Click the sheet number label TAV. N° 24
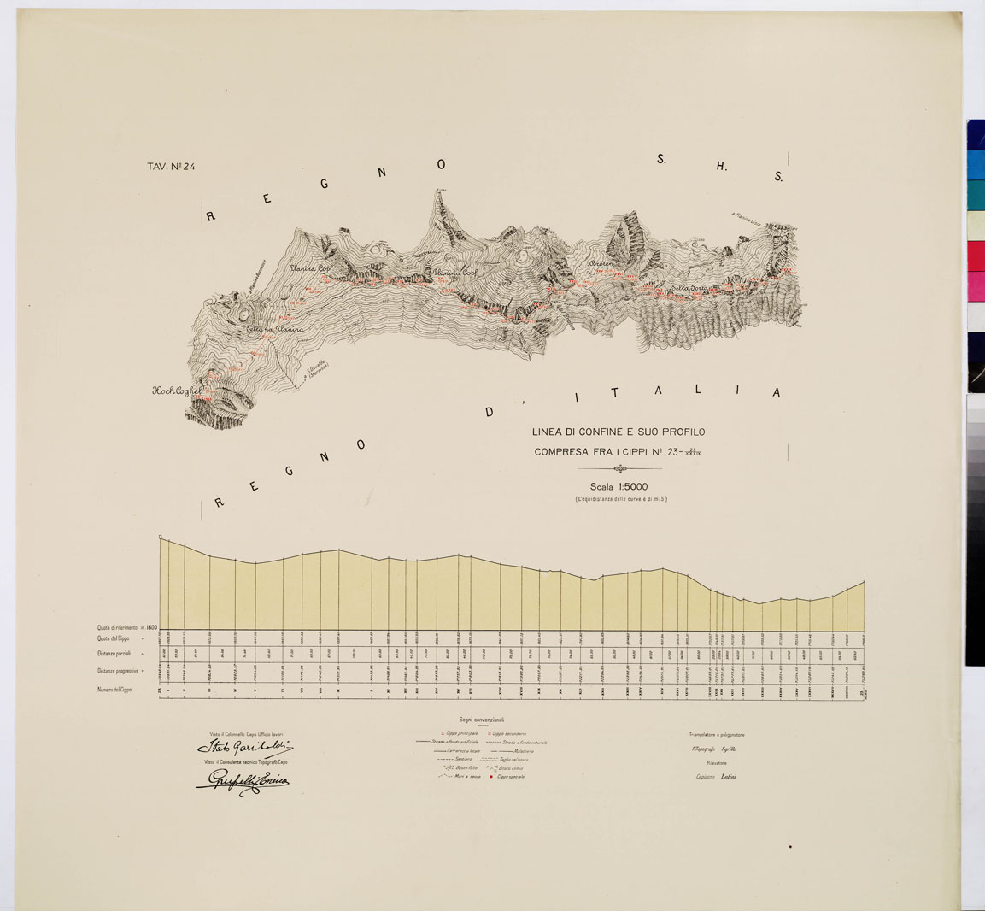point(171,167)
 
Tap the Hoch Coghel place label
point(177,391)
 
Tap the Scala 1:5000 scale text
point(619,487)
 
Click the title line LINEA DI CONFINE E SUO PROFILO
point(619,432)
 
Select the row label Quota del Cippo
point(114,638)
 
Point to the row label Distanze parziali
point(114,655)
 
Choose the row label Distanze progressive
point(117,671)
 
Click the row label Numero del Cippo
point(114,689)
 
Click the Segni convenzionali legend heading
point(481,720)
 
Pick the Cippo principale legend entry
point(458,733)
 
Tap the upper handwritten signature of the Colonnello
point(240,749)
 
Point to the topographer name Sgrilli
point(728,749)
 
